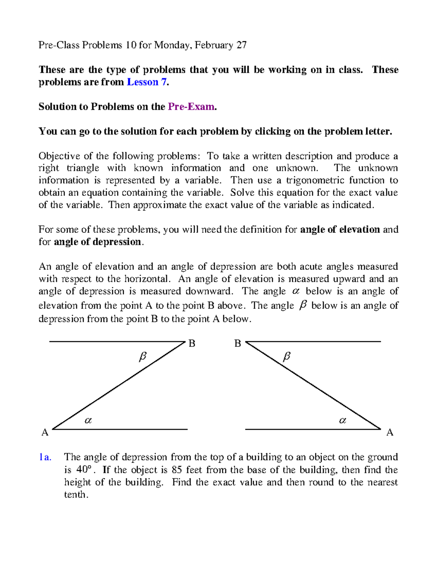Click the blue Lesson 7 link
click(147, 82)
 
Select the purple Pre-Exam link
click(191, 107)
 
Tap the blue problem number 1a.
click(45, 457)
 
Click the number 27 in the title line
click(241, 45)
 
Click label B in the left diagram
click(192, 343)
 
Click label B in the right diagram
click(238, 343)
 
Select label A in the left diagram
click(45, 432)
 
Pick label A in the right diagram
click(390, 432)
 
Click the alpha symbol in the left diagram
click(88, 421)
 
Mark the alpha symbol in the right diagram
click(342, 421)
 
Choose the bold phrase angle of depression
click(97, 242)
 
